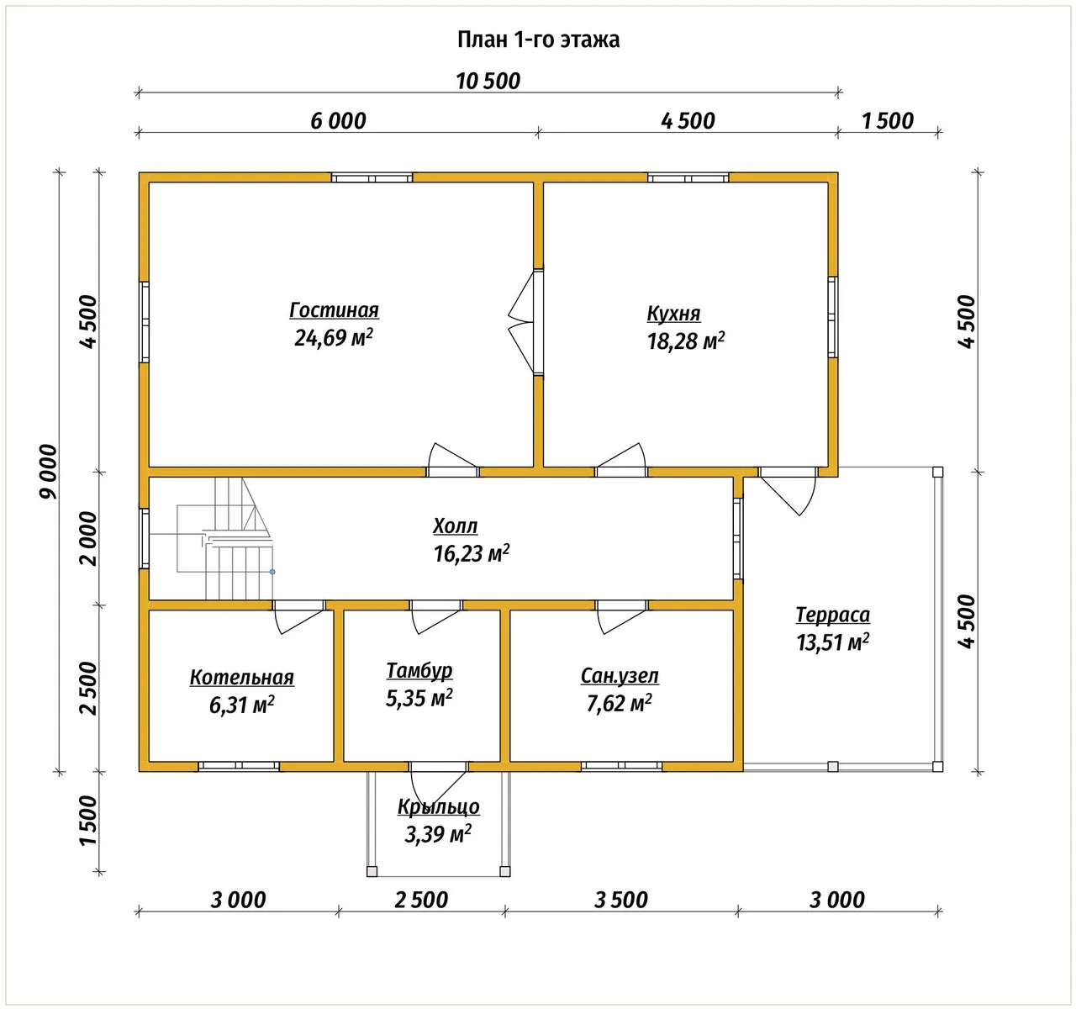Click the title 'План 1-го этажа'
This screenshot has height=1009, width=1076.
tap(538, 40)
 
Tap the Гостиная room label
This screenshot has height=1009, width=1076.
tap(334, 310)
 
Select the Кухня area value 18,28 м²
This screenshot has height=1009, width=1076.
tap(685, 341)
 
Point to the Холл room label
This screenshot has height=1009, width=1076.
tap(455, 526)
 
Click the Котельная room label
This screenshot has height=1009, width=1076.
tap(241, 677)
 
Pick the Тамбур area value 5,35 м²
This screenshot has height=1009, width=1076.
tap(419, 698)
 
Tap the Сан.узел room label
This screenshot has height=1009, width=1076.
tap(620, 675)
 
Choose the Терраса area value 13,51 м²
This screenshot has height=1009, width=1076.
tap(833, 642)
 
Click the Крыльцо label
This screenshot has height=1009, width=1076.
tap(438, 807)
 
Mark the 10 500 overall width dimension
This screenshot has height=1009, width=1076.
tap(488, 82)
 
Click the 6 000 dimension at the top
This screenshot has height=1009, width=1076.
tap(338, 120)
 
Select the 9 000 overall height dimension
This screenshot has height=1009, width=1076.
tap(49, 471)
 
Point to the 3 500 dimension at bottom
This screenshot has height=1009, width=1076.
tap(621, 900)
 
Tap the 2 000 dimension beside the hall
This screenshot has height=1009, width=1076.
tap(88, 538)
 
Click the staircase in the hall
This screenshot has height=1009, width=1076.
tap(224, 538)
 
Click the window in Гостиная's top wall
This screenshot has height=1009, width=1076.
tap(372, 177)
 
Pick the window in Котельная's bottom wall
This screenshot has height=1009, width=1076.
tap(239, 766)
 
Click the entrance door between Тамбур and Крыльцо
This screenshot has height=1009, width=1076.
tap(438, 781)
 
